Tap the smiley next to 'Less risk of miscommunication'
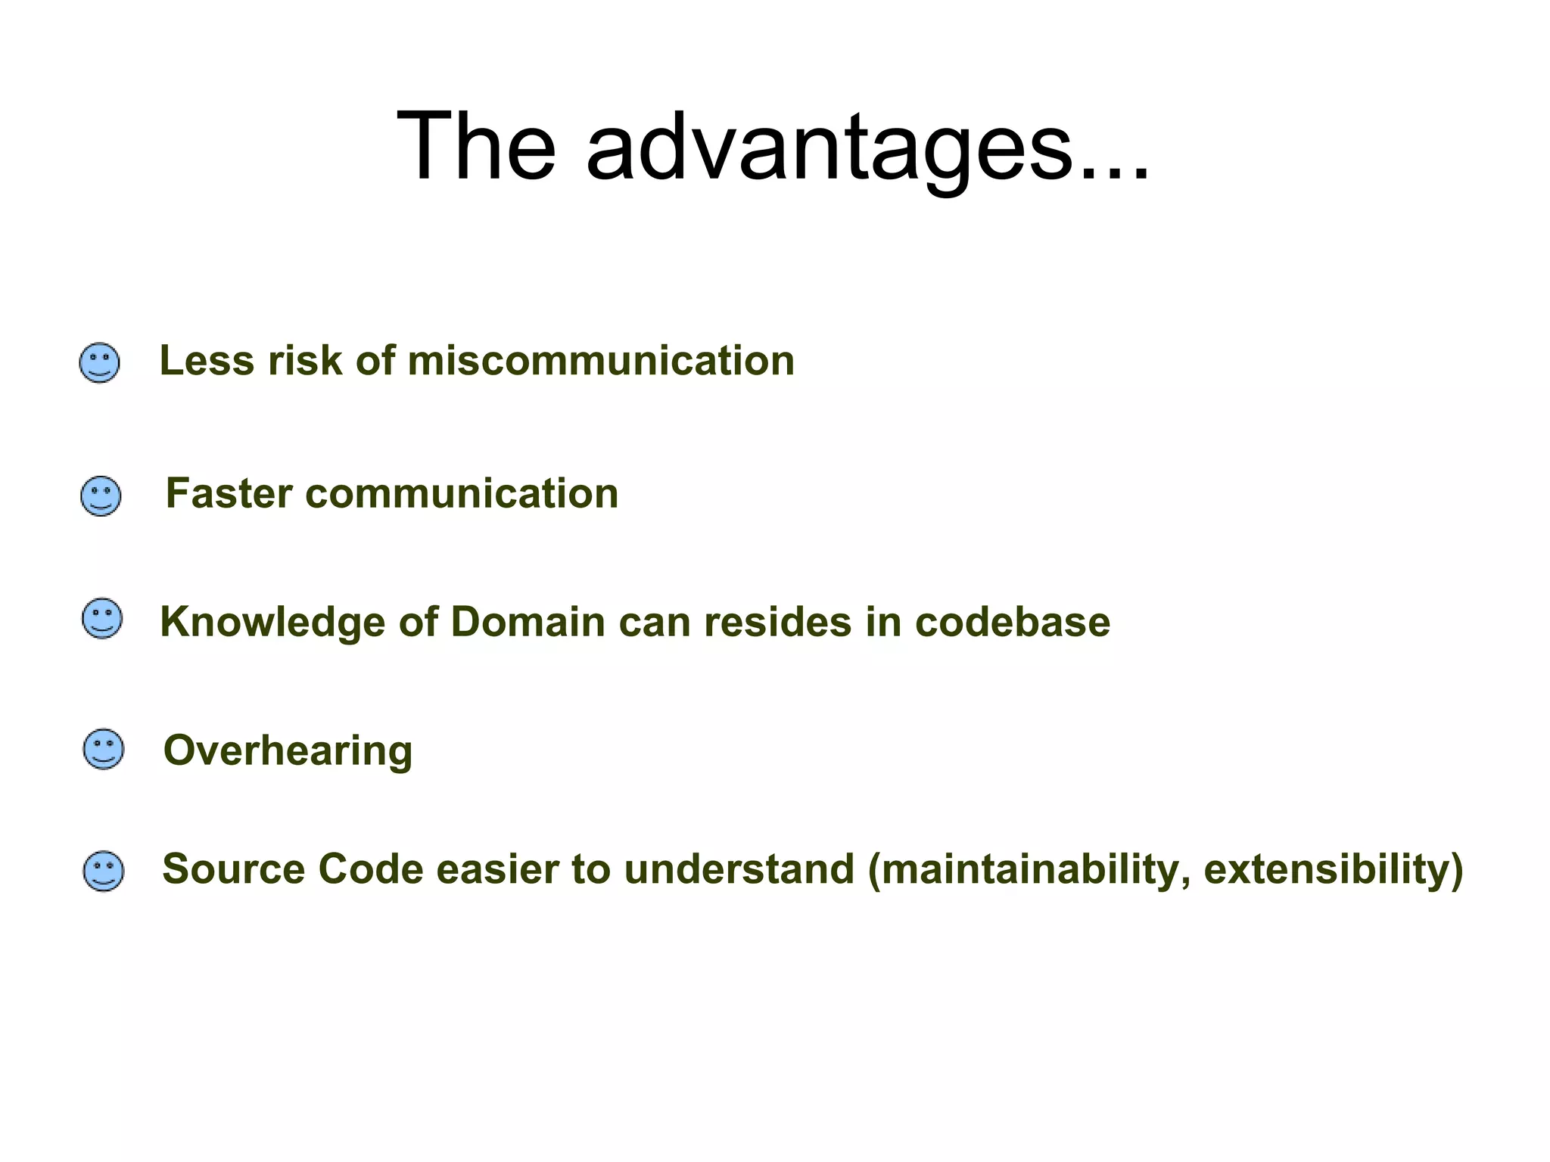point(99,363)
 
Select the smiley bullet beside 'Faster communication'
point(101,496)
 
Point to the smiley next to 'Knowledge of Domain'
point(101,619)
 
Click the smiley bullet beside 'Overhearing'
point(103,749)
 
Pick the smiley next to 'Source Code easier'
point(103,871)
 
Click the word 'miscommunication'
point(601,360)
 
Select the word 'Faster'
point(229,493)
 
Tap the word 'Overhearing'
point(288,750)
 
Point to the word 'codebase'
point(1012,622)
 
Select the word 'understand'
point(739,868)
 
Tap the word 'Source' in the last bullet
point(232,868)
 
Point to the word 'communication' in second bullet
point(462,493)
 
